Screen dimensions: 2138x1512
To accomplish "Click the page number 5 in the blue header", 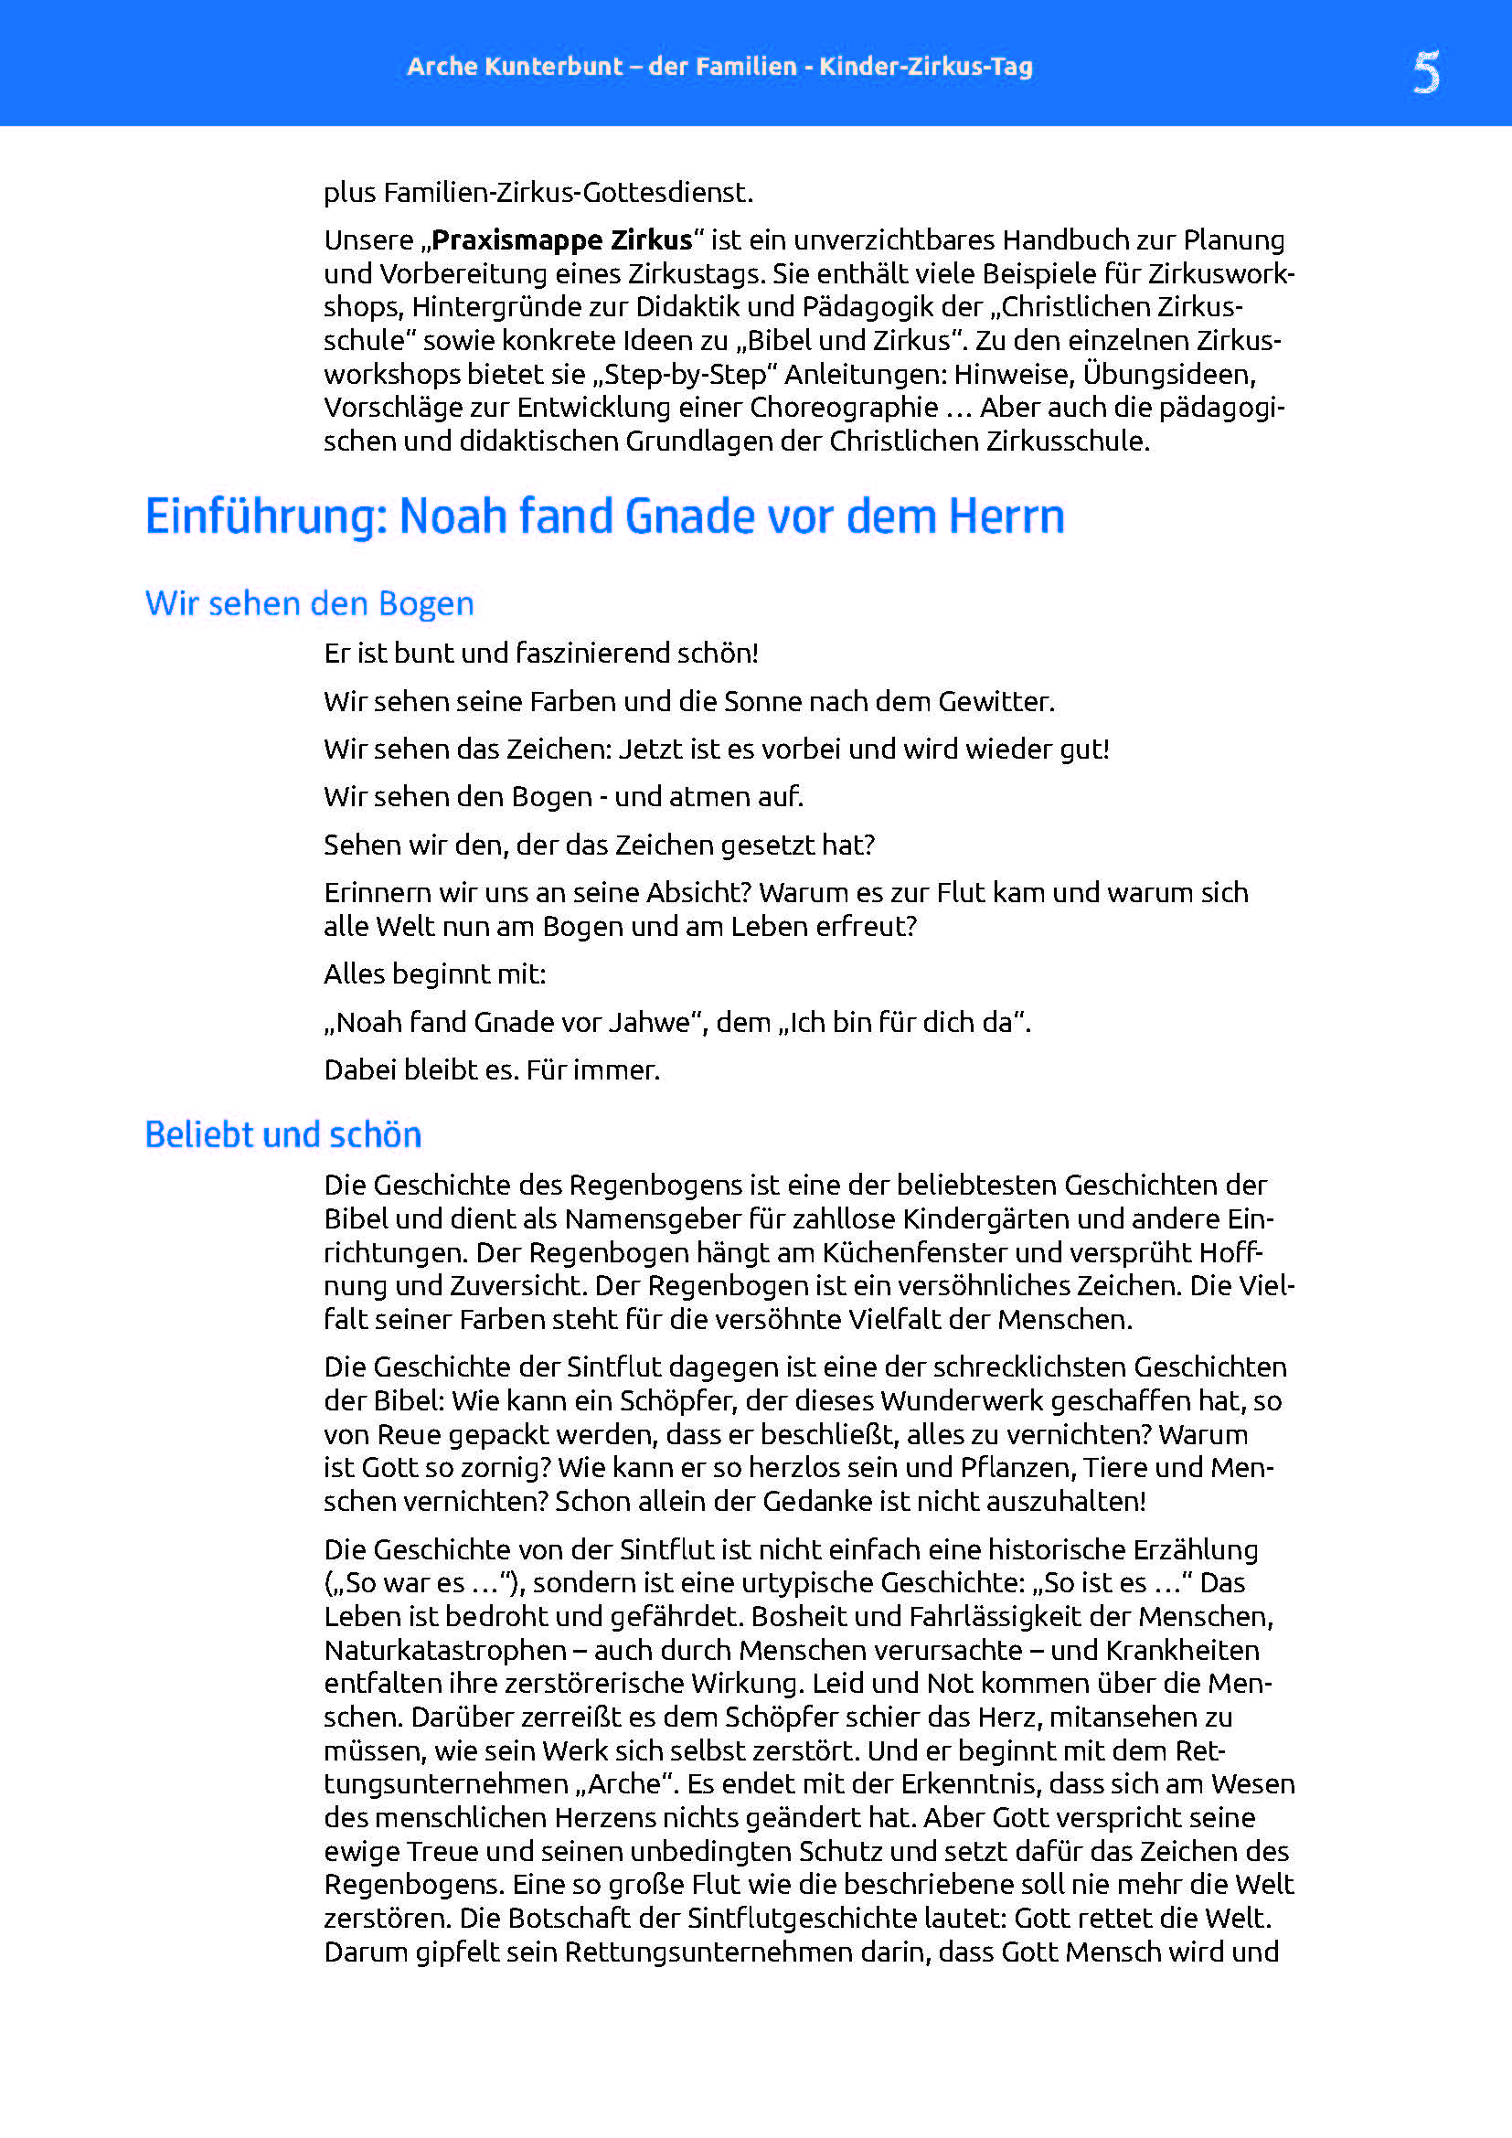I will pyautogui.click(x=1425, y=70).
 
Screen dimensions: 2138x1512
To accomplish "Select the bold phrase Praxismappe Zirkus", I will pyautogui.click(x=561, y=240).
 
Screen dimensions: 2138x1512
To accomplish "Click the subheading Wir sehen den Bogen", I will pyautogui.click(x=309, y=603).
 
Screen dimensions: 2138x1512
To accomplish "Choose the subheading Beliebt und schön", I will pyautogui.click(x=283, y=1135).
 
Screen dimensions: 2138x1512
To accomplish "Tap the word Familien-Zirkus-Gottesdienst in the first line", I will pyautogui.click(x=568, y=193).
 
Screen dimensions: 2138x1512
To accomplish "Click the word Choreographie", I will pyautogui.click(x=844, y=408).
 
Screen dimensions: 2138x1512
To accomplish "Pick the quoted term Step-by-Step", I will pyautogui.click(x=687, y=375).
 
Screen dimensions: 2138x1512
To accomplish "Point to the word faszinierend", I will pyautogui.click(x=592, y=654).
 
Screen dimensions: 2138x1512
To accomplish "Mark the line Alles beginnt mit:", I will pyautogui.click(x=435, y=974).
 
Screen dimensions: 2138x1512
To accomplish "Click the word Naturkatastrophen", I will pyautogui.click(x=445, y=1650).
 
